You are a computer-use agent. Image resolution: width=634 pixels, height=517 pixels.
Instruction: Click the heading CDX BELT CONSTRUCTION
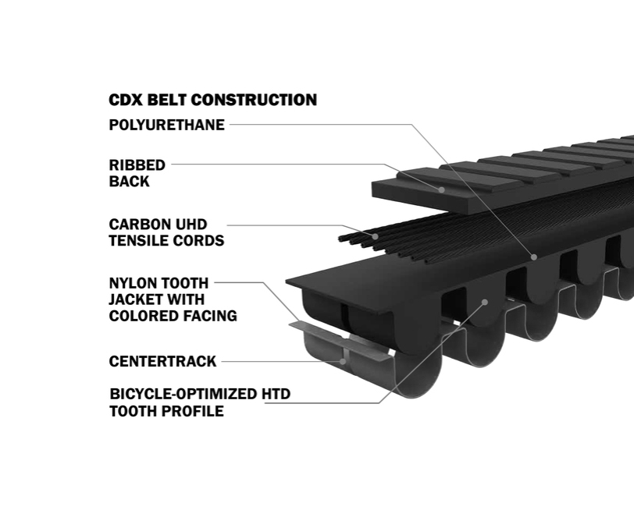212,100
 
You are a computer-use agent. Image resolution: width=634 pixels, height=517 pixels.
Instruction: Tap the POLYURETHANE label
166,125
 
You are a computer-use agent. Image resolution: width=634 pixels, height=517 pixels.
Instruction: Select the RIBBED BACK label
137,173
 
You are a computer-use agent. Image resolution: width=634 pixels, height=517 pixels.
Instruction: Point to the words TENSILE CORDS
166,241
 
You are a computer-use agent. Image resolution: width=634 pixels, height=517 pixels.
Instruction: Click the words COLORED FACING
173,316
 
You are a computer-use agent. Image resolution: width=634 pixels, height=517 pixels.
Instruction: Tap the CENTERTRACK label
162,362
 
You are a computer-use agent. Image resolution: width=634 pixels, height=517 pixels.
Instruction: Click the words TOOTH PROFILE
166,411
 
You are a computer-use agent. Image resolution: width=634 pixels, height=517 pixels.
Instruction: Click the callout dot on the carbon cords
376,235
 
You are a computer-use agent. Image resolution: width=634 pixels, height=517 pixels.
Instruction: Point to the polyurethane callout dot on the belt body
534,256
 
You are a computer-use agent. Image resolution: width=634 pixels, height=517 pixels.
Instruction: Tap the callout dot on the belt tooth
485,301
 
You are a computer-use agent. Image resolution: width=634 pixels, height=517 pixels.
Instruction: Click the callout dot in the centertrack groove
343,361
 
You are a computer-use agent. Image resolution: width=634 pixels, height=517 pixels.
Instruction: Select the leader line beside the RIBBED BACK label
273,165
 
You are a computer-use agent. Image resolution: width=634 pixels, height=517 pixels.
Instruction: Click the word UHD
191,225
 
